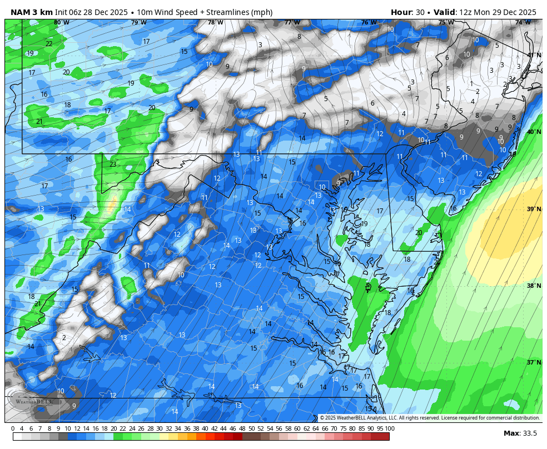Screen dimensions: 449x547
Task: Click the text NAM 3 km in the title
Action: (x=31, y=12)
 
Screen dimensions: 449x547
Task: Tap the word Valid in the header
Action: (x=445, y=12)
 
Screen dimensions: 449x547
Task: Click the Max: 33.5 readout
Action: (x=520, y=433)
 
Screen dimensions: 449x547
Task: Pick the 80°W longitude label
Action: (x=62, y=23)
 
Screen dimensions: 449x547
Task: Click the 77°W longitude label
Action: (x=292, y=23)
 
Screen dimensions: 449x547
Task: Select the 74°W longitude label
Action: (x=523, y=23)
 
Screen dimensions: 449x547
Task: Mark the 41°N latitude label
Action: (x=534, y=55)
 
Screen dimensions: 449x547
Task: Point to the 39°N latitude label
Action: (x=534, y=209)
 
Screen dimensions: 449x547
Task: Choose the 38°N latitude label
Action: (x=534, y=286)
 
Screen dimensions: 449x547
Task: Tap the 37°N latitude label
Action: (x=534, y=362)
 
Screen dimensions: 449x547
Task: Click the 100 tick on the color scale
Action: (x=390, y=428)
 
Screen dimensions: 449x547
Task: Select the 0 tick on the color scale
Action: (x=13, y=428)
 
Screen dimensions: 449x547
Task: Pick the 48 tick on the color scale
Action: (x=242, y=428)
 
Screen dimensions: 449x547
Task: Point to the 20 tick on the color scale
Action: (x=113, y=428)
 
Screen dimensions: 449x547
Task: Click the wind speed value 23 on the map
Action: (x=113, y=164)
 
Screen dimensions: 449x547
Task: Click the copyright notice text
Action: (x=430, y=418)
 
